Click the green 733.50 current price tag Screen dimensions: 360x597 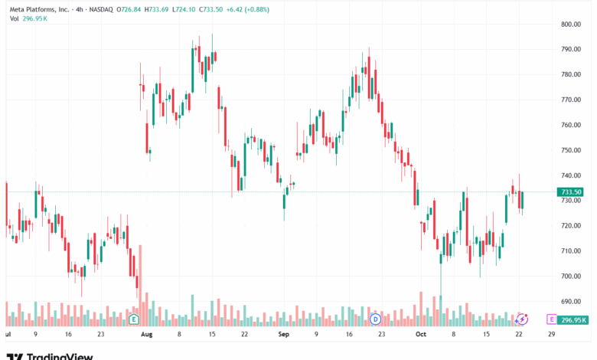pyautogui.click(x=572, y=192)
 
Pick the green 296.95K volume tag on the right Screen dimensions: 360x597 pyautogui.click(x=573, y=320)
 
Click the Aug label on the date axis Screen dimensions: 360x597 pyautogui.click(x=148, y=335)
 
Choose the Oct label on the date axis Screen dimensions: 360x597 pyautogui.click(x=420, y=335)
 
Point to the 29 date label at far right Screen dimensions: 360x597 pyautogui.click(x=550, y=335)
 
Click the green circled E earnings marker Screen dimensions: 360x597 pyautogui.click(x=134, y=319)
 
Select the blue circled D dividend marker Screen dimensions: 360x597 pyautogui.click(x=375, y=319)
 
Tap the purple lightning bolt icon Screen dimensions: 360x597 pyautogui.click(x=521, y=319)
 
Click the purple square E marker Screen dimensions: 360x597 pyautogui.click(x=551, y=319)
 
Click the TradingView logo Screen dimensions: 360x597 pyautogui.click(x=50, y=355)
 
